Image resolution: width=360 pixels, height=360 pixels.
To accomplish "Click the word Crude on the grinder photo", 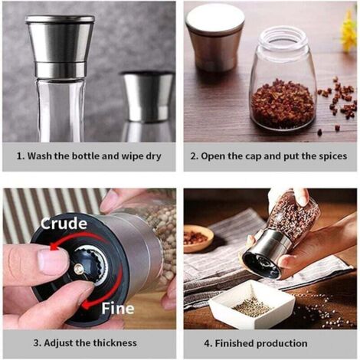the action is click(x=64, y=223).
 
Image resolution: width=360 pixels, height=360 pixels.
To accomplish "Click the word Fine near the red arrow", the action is click(x=118, y=308).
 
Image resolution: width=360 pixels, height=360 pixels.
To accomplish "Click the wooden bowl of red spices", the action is click(x=198, y=239).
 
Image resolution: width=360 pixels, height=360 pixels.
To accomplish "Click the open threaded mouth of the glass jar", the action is click(x=283, y=37).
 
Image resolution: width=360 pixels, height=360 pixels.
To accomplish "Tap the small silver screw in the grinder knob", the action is click(x=78, y=268).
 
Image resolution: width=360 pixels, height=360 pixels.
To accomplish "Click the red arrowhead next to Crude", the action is click(x=54, y=247).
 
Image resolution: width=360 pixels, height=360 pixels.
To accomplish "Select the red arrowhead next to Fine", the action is click(x=86, y=304).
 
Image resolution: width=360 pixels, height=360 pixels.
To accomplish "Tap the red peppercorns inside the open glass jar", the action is click(x=283, y=101).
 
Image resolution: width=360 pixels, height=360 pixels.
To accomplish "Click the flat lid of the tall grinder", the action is click(x=60, y=18).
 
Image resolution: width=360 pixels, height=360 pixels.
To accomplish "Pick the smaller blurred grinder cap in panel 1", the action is click(x=148, y=97).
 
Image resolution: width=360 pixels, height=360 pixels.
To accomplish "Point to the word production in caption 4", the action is click(x=282, y=344).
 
